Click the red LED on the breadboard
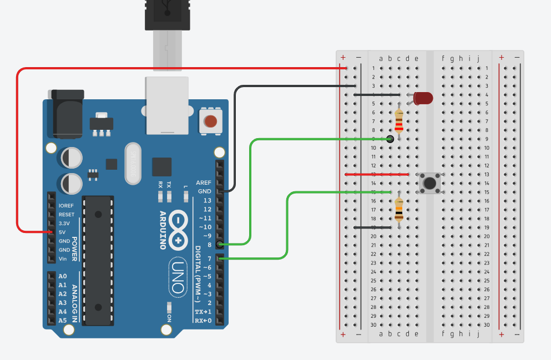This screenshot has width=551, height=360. pyautogui.click(x=423, y=98)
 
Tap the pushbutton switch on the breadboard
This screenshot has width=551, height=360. pyautogui.click(x=428, y=182)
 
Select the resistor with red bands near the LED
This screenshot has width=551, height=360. pyautogui.click(x=399, y=120)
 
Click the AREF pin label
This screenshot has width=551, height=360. pyautogui.click(x=204, y=182)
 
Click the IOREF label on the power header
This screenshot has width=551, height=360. pyautogui.click(x=66, y=205)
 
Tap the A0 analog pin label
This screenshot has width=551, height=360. pyautogui.click(x=63, y=276)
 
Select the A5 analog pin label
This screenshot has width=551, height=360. pyautogui.click(x=63, y=321)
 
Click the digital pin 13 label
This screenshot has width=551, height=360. pyautogui.click(x=207, y=200)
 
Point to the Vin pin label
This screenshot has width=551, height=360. pyautogui.click(x=63, y=258)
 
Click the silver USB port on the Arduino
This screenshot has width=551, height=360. pyautogui.click(x=166, y=105)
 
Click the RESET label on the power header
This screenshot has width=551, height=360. pyautogui.click(x=67, y=214)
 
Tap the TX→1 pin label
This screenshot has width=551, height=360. pyautogui.click(x=203, y=312)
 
